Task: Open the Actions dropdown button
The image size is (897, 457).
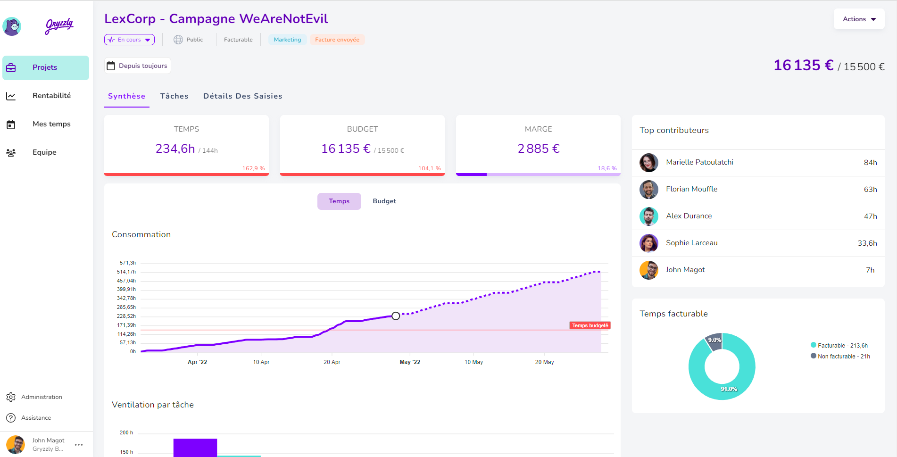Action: click(x=859, y=19)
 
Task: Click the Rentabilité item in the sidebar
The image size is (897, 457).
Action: click(x=51, y=96)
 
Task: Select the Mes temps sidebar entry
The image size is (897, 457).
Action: click(x=51, y=124)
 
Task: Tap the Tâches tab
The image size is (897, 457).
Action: click(x=174, y=96)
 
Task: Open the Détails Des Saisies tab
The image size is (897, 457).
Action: click(x=242, y=96)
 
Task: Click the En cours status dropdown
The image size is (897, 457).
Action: click(x=129, y=40)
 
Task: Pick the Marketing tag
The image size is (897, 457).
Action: click(x=287, y=40)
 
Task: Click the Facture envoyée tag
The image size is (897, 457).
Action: click(x=337, y=40)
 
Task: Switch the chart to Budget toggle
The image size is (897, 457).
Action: click(x=384, y=201)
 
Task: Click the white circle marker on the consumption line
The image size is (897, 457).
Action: click(x=396, y=316)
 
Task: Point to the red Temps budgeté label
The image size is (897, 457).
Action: click(x=590, y=325)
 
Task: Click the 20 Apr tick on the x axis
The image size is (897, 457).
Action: click(x=332, y=362)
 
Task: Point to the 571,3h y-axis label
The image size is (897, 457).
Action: click(x=127, y=263)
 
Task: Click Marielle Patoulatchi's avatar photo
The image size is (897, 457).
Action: click(x=648, y=163)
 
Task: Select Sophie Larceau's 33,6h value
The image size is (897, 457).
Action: click(x=867, y=243)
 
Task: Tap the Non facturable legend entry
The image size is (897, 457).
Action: click(x=840, y=357)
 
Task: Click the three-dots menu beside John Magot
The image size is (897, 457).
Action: click(x=79, y=445)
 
